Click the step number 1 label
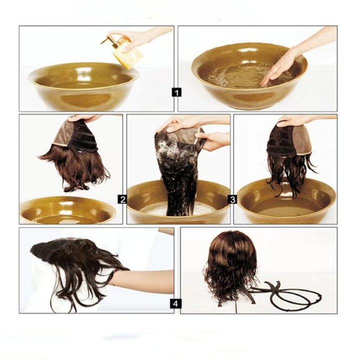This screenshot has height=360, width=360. click(176, 92)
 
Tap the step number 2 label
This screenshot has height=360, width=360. click(122, 199)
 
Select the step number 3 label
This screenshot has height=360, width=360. click(232, 199)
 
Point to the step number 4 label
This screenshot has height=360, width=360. click(176, 303)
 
